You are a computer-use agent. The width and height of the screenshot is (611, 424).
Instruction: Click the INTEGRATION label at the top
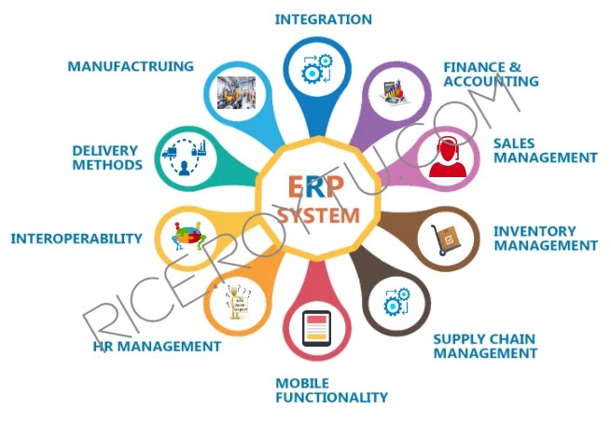click(323, 20)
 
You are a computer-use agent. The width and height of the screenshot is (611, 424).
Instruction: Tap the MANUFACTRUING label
click(131, 66)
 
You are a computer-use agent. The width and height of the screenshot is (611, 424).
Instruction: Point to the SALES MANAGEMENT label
click(545, 151)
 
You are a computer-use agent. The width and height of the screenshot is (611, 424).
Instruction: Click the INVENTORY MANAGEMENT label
click(545, 239)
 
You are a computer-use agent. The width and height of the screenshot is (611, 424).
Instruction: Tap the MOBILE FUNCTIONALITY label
click(331, 390)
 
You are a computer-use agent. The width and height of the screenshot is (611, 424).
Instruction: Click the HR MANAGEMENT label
click(157, 347)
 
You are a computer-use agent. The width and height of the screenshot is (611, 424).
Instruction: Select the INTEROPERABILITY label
click(76, 239)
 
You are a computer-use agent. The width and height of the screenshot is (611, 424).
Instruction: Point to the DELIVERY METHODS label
click(107, 157)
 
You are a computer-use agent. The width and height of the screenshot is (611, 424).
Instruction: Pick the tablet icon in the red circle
click(317, 328)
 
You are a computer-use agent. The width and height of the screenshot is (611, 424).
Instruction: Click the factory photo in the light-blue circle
click(237, 91)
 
